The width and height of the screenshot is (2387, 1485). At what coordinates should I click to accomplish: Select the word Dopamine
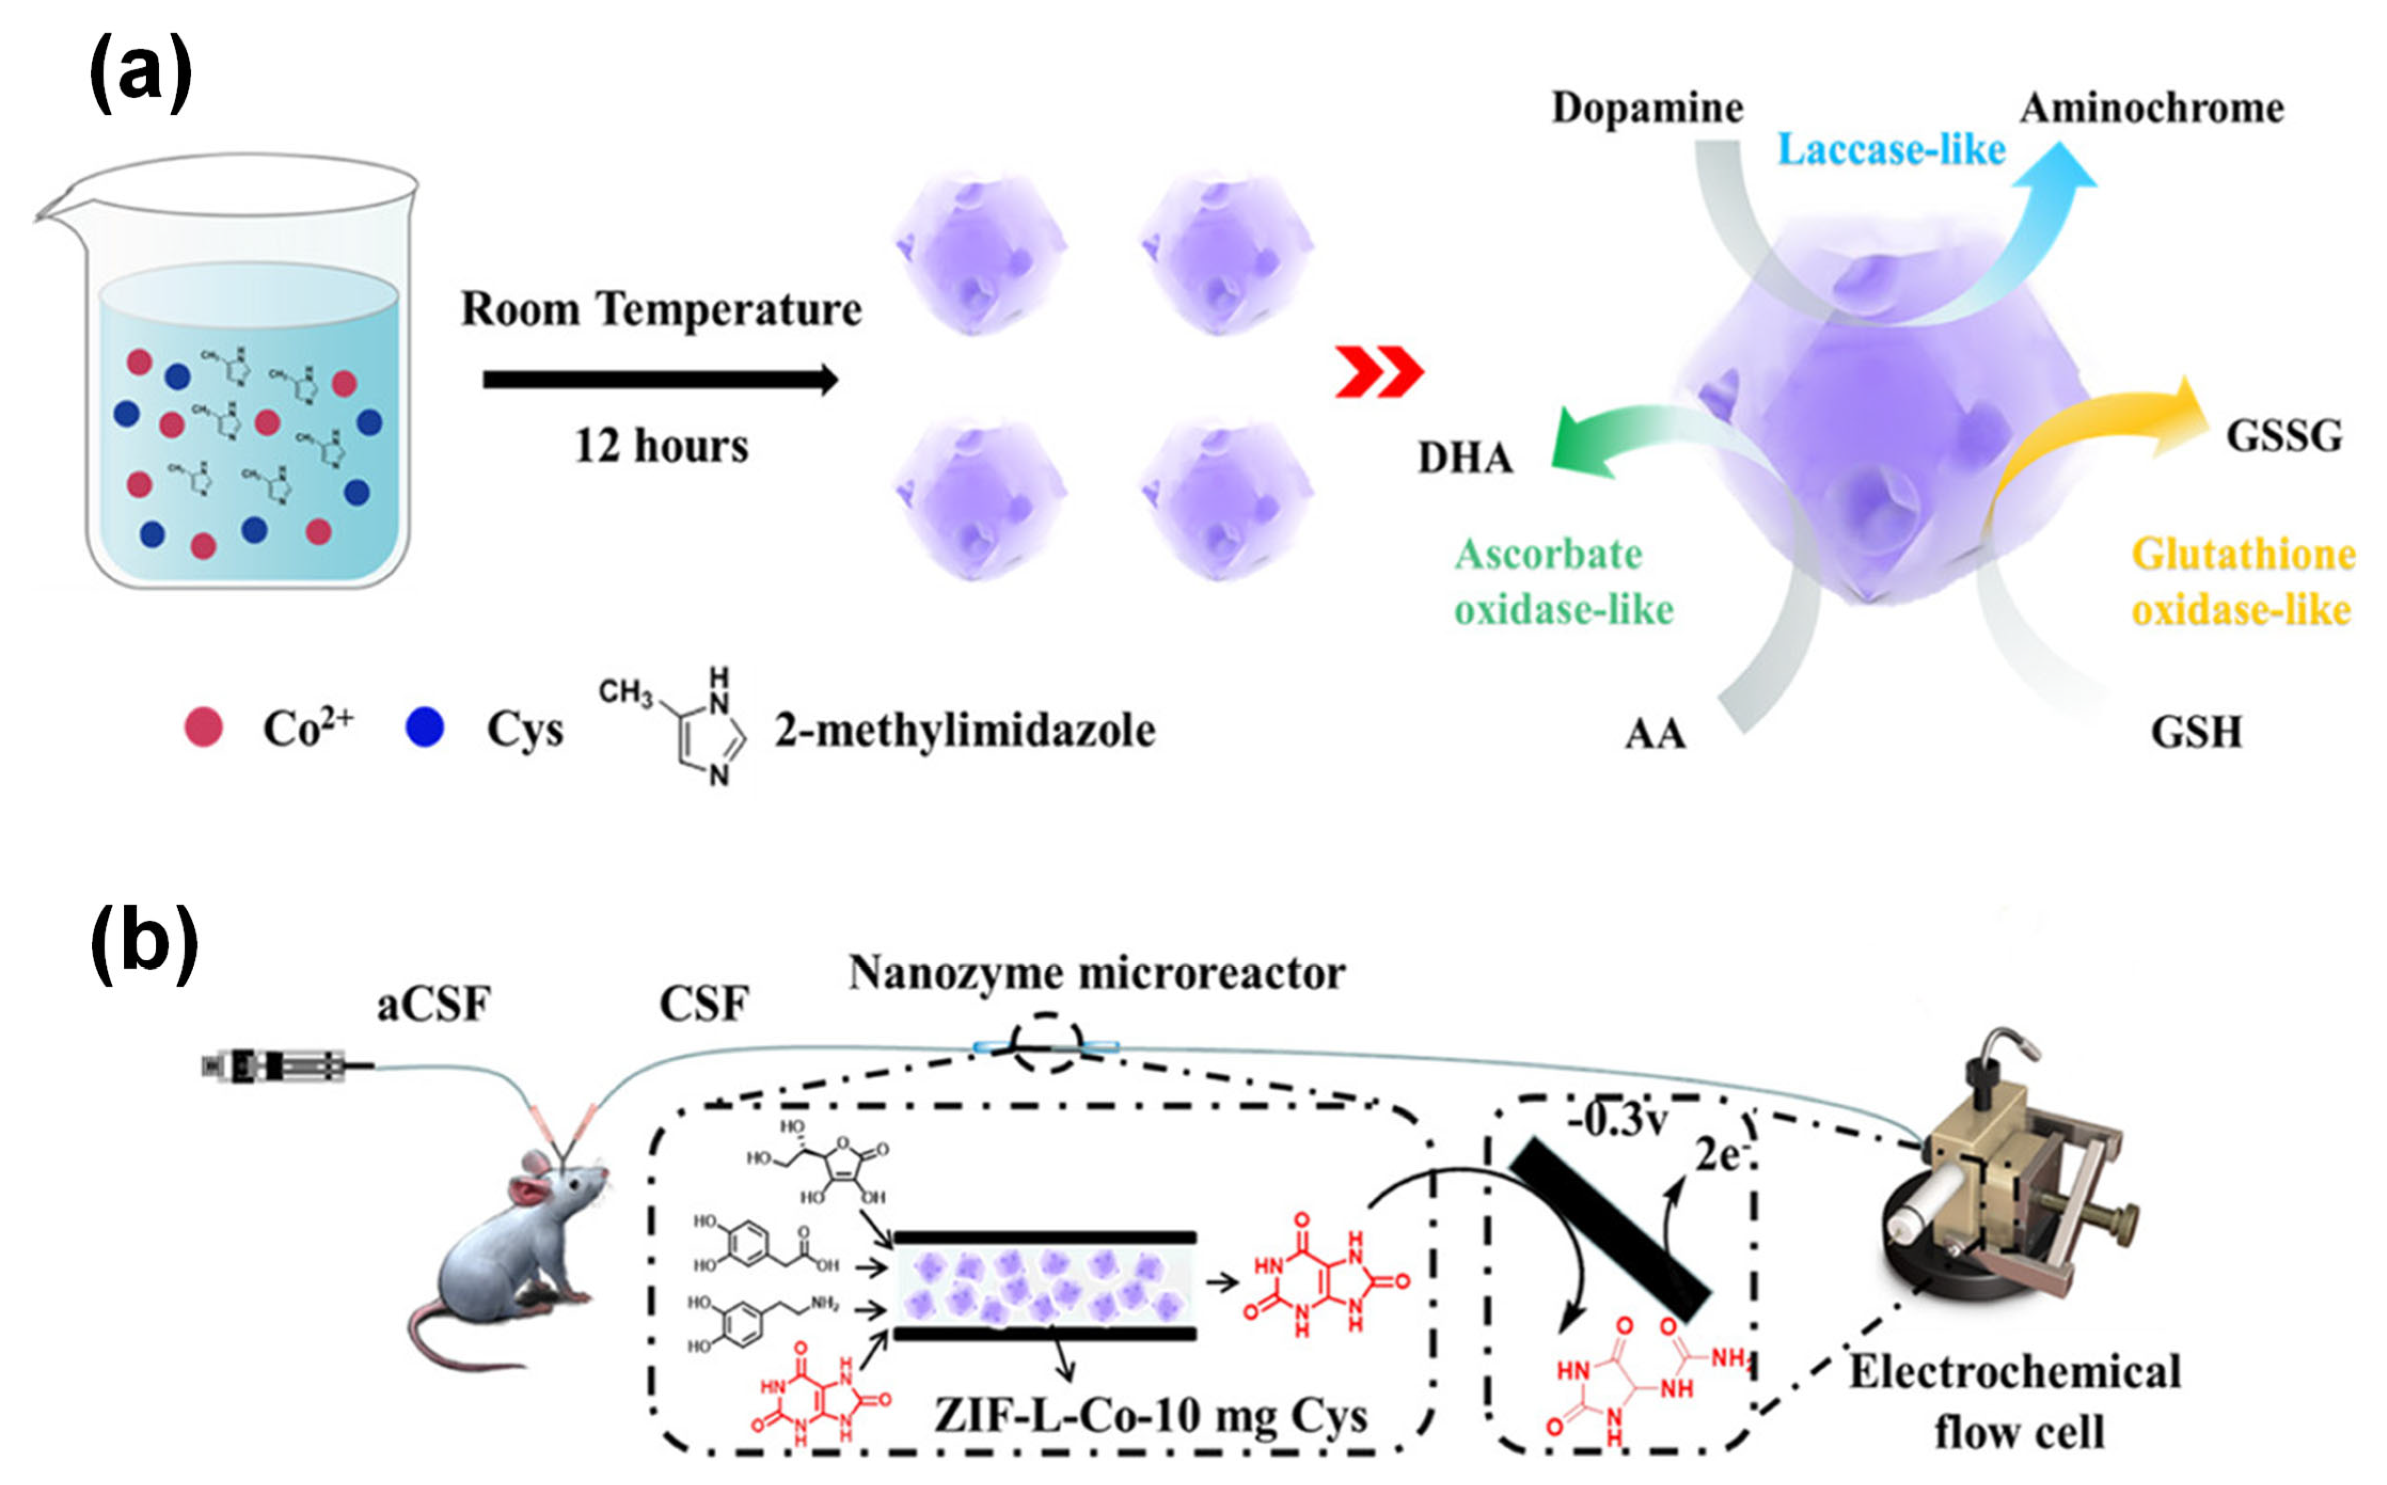[x=1647, y=107]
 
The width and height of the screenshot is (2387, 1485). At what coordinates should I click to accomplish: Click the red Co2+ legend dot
[x=203, y=728]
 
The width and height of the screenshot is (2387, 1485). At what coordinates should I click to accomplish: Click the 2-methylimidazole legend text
[x=964, y=730]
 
